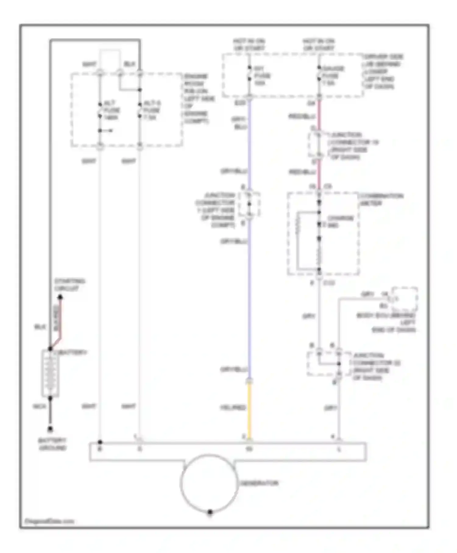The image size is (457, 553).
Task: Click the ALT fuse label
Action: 112,110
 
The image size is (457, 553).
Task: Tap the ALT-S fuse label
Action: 151,110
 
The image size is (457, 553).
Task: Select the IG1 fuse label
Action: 262,76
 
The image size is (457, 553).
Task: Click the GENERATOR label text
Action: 259,483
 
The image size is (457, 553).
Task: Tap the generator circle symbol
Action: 209,483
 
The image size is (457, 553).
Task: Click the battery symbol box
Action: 50,373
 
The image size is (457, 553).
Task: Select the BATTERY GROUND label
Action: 52,444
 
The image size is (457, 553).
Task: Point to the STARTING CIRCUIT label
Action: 69,285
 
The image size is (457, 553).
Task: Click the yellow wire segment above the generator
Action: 249,410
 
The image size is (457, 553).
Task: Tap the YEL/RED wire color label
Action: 233,407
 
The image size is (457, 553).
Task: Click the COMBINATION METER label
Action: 381,199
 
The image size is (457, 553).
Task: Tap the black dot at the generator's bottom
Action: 210,512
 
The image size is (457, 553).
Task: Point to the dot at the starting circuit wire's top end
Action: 60,297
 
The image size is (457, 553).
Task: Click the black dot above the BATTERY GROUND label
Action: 50,429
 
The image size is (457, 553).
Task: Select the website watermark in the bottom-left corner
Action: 49,521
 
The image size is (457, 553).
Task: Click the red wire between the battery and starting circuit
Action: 61,320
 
